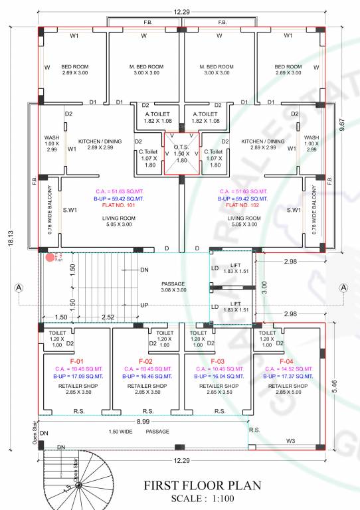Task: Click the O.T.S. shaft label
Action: [181, 151]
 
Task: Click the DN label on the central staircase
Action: [145, 270]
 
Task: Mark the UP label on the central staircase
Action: [145, 305]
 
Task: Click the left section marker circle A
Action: [19, 288]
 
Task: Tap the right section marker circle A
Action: [344, 288]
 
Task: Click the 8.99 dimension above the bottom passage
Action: [142, 422]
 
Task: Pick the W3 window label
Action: [290, 440]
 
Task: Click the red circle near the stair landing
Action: [50, 257]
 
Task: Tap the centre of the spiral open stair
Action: [78, 487]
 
